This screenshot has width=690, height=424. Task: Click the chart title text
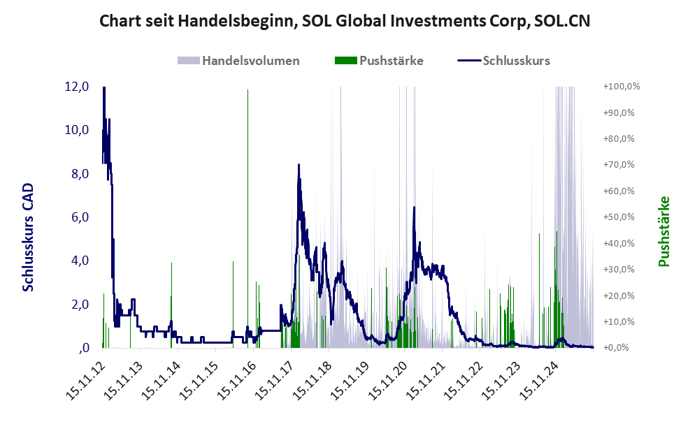click(x=345, y=21)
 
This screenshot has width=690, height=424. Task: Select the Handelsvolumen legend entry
click(x=250, y=61)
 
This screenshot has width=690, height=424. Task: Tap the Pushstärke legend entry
click(x=390, y=61)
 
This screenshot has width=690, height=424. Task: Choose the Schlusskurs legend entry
click(x=515, y=61)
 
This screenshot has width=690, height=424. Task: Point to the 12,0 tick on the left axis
click(x=76, y=87)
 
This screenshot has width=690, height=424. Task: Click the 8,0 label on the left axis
click(x=76, y=174)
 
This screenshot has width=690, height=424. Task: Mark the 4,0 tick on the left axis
click(x=76, y=261)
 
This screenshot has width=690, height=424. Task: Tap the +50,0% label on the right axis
click(x=619, y=217)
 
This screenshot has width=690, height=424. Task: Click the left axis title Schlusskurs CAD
click(x=28, y=237)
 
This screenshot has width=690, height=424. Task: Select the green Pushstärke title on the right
click(x=663, y=231)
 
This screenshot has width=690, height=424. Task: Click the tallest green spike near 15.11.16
click(x=247, y=91)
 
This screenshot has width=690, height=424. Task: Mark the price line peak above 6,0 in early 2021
click(x=415, y=207)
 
